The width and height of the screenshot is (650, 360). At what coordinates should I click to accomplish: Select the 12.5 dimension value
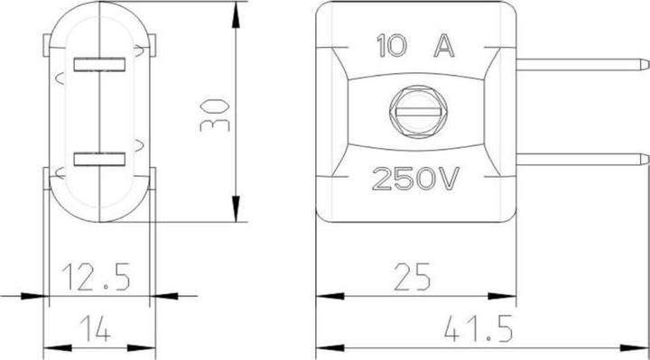click(97, 275)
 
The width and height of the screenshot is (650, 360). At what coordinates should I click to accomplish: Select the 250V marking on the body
click(415, 179)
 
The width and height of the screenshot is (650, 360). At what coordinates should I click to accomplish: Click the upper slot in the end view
click(99, 64)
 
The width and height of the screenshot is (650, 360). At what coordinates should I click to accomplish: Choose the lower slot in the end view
click(99, 160)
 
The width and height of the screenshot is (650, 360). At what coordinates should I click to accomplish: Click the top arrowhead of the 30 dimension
click(236, 11)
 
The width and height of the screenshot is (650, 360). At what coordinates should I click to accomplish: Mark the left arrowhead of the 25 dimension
click(323, 294)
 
